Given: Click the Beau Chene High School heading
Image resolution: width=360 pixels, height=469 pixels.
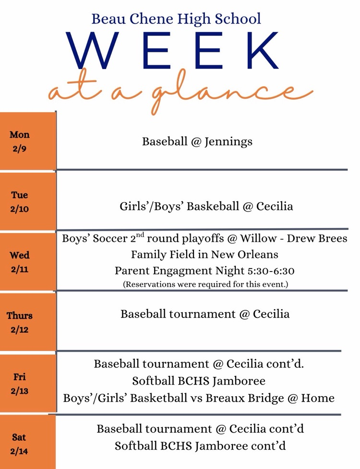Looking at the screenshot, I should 176,19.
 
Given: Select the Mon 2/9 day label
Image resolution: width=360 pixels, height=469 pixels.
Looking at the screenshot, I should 20,141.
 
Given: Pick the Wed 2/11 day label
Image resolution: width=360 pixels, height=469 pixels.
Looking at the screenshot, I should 20,262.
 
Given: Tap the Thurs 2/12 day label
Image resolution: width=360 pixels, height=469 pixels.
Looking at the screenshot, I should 20,323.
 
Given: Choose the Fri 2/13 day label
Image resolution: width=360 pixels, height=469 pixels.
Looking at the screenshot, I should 20,384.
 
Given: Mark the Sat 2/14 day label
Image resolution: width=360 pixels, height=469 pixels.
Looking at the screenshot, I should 19,444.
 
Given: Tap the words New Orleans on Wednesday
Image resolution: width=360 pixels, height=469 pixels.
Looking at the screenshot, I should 249,254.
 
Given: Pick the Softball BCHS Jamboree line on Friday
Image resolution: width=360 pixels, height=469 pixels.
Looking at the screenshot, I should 199,381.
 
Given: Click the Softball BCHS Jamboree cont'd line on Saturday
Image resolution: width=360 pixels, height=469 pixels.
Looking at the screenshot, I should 200,446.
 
